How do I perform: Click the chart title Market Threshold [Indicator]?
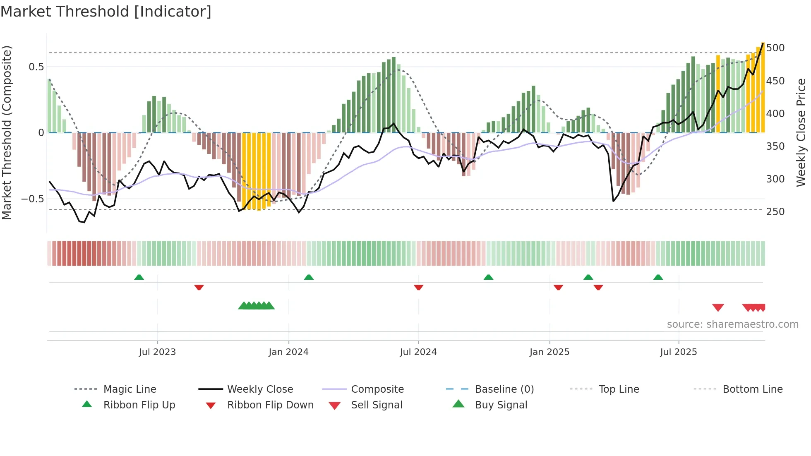click(106, 12)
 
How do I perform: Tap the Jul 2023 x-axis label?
click(157, 352)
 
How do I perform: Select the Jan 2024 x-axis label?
click(288, 352)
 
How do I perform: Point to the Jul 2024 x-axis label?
click(418, 352)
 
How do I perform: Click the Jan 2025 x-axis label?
click(549, 352)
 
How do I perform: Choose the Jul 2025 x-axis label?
click(678, 352)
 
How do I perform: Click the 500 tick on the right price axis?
click(775, 48)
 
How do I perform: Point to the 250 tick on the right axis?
click(775, 212)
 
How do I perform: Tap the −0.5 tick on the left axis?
click(32, 199)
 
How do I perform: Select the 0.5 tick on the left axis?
click(36, 67)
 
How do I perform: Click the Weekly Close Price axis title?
click(801, 132)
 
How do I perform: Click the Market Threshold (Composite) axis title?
click(7, 132)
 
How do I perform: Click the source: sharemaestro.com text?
click(732, 324)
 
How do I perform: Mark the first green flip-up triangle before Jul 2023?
click(139, 277)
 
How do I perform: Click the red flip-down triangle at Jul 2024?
click(418, 287)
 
